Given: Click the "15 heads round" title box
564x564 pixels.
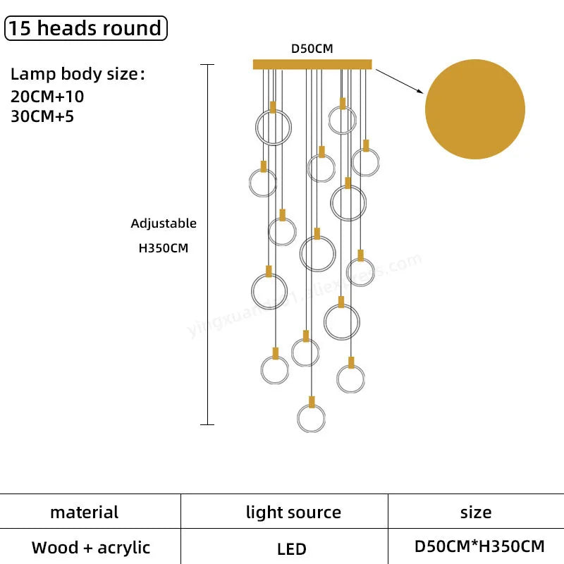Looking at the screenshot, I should click(x=85, y=28).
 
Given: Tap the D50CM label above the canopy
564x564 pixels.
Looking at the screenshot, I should click(x=312, y=49).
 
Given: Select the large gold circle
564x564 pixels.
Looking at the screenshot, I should click(x=474, y=109).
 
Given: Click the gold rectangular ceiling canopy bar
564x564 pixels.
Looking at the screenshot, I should click(x=312, y=64).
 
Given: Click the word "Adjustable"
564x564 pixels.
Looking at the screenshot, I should click(x=164, y=223).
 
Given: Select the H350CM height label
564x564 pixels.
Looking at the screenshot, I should click(x=164, y=248).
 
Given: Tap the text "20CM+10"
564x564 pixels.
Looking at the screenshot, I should click(x=47, y=97).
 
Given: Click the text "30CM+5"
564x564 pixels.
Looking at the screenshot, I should click(x=42, y=116).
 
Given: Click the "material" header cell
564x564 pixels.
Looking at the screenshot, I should click(x=85, y=513).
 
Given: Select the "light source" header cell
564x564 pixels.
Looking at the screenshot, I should click(x=293, y=513).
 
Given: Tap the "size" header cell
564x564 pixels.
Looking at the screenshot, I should click(x=476, y=513).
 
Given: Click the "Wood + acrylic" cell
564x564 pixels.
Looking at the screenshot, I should click(x=91, y=547).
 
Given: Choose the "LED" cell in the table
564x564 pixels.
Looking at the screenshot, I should click(x=291, y=548).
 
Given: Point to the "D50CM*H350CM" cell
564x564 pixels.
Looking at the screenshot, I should click(x=479, y=546).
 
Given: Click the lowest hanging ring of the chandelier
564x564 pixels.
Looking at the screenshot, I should click(x=311, y=417).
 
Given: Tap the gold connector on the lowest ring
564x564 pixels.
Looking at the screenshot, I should click(x=311, y=402).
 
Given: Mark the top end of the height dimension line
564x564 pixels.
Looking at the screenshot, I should click(x=207, y=65).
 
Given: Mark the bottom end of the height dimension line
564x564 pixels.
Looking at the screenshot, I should click(x=207, y=424).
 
